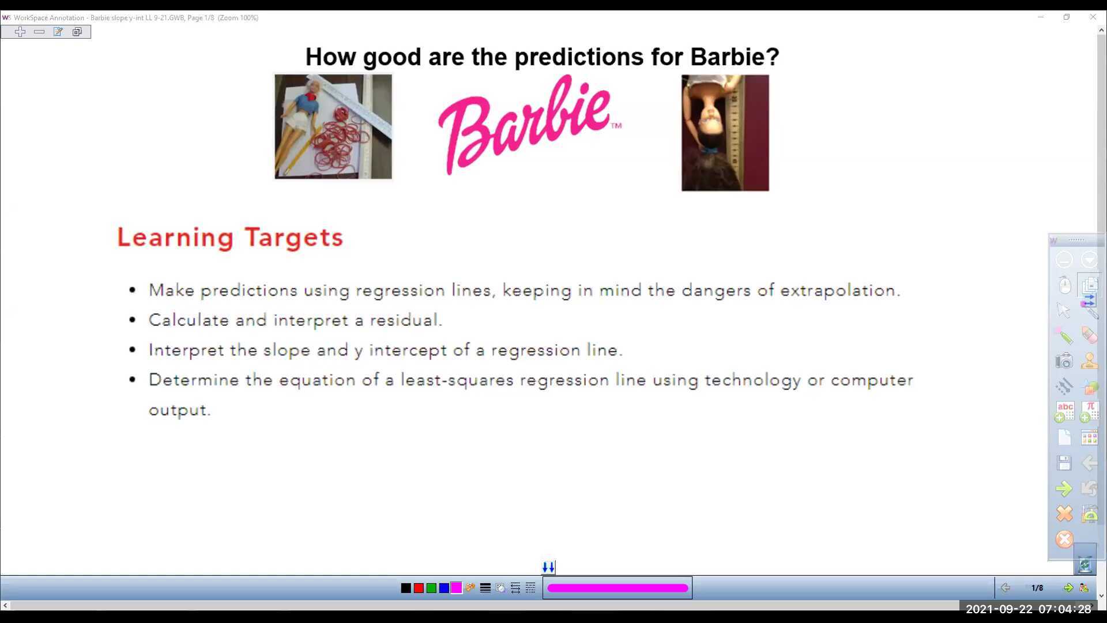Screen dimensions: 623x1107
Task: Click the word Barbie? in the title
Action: click(735, 57)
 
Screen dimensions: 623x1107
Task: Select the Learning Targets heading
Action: click(230, 237)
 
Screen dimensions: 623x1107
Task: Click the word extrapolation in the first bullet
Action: click(839, 290)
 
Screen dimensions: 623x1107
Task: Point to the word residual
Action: click(405, 320)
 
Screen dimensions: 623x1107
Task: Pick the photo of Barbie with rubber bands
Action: click(333, 126)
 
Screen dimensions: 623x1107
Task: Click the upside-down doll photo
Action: click(725, 133)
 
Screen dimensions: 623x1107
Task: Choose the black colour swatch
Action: click(406, 588)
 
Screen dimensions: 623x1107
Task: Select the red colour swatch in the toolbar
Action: click(419, 588)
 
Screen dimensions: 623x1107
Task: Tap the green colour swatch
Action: click(431, 588)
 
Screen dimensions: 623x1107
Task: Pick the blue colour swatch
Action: click(444, 588)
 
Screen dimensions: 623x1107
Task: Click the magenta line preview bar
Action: click(617, 588)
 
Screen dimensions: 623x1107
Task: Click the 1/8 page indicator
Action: click(1037, 588)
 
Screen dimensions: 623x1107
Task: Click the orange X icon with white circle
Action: click(1064, 539)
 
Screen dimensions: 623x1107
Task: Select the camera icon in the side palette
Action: click(1064, 361)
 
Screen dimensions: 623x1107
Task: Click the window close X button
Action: click(1093, 17)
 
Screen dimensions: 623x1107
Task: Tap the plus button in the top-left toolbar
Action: click(20, 32)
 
